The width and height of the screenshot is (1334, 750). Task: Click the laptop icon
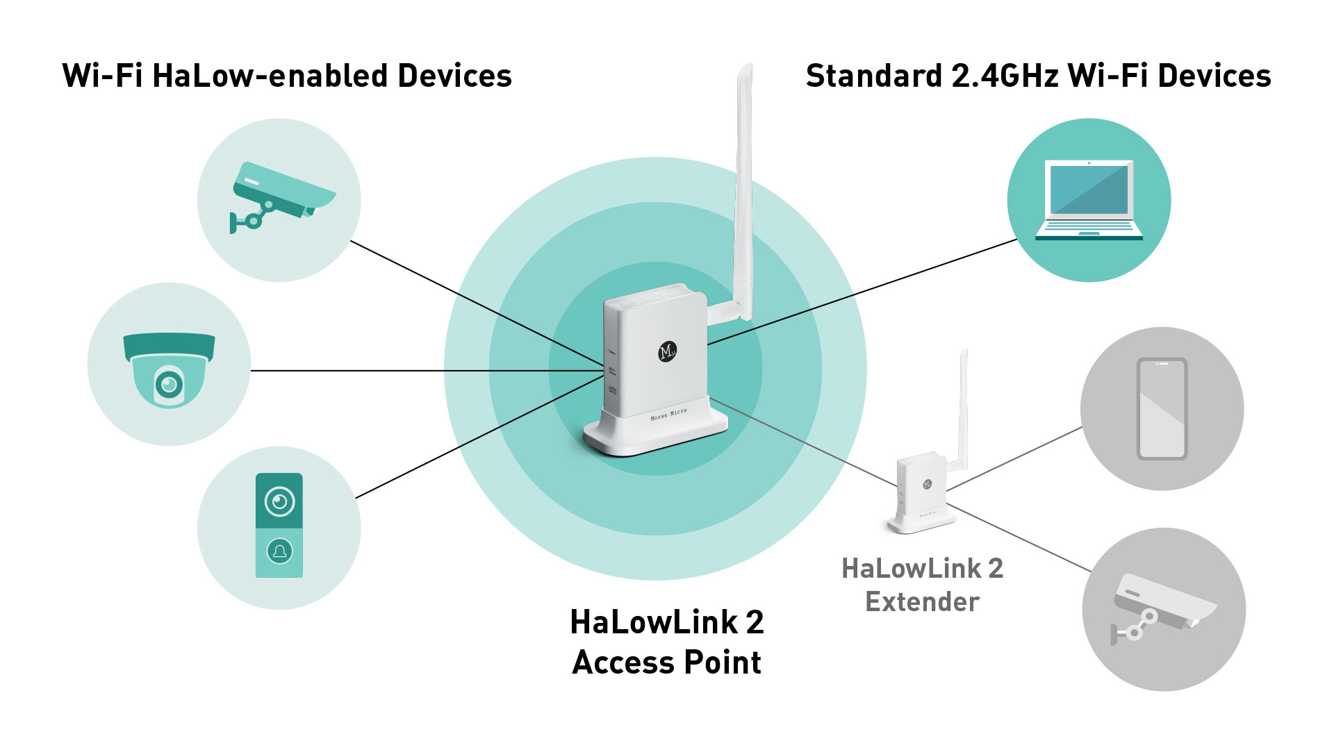1088,200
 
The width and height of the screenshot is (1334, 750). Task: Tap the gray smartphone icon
1162,408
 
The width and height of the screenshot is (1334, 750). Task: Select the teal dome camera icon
169,368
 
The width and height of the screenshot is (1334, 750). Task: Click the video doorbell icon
279,525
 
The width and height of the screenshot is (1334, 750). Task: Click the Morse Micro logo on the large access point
667,351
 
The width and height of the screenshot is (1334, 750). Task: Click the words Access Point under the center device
666,662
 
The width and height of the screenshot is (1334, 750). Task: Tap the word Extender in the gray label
922,601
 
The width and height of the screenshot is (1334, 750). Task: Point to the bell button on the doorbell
279,551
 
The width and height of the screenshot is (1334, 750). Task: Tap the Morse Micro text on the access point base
668,415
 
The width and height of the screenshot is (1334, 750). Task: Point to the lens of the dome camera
169,384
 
